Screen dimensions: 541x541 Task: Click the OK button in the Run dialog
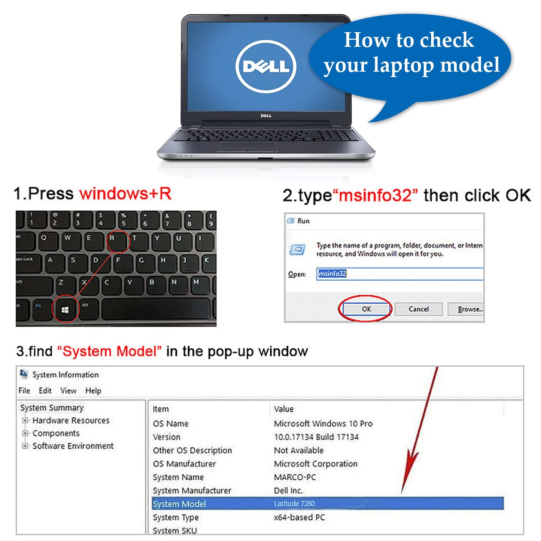coord(367,309)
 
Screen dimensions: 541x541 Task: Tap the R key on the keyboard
coord(118,241)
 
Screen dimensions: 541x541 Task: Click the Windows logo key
coord(65,310)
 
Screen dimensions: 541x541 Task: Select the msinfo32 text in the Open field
coord(332,273)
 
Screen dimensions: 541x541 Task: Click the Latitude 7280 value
coord(294,504)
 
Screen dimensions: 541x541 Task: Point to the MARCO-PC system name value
coord(295,477)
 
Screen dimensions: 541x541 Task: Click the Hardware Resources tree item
coord(71,420)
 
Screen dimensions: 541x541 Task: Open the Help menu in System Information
coord(93,390)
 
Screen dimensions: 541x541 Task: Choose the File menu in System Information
coord(24,390)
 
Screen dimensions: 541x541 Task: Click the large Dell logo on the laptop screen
coord(265,67)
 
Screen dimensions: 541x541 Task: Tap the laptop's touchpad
coord(247,147)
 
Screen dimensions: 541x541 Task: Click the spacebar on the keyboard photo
coord(156,309)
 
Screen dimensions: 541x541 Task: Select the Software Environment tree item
coord(73,446)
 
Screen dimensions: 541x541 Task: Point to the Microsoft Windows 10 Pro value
coord(323,423)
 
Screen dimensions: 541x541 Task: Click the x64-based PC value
coord(299,517)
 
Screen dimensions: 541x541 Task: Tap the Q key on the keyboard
coord(46,241)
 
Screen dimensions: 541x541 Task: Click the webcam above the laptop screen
coord(266,18)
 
